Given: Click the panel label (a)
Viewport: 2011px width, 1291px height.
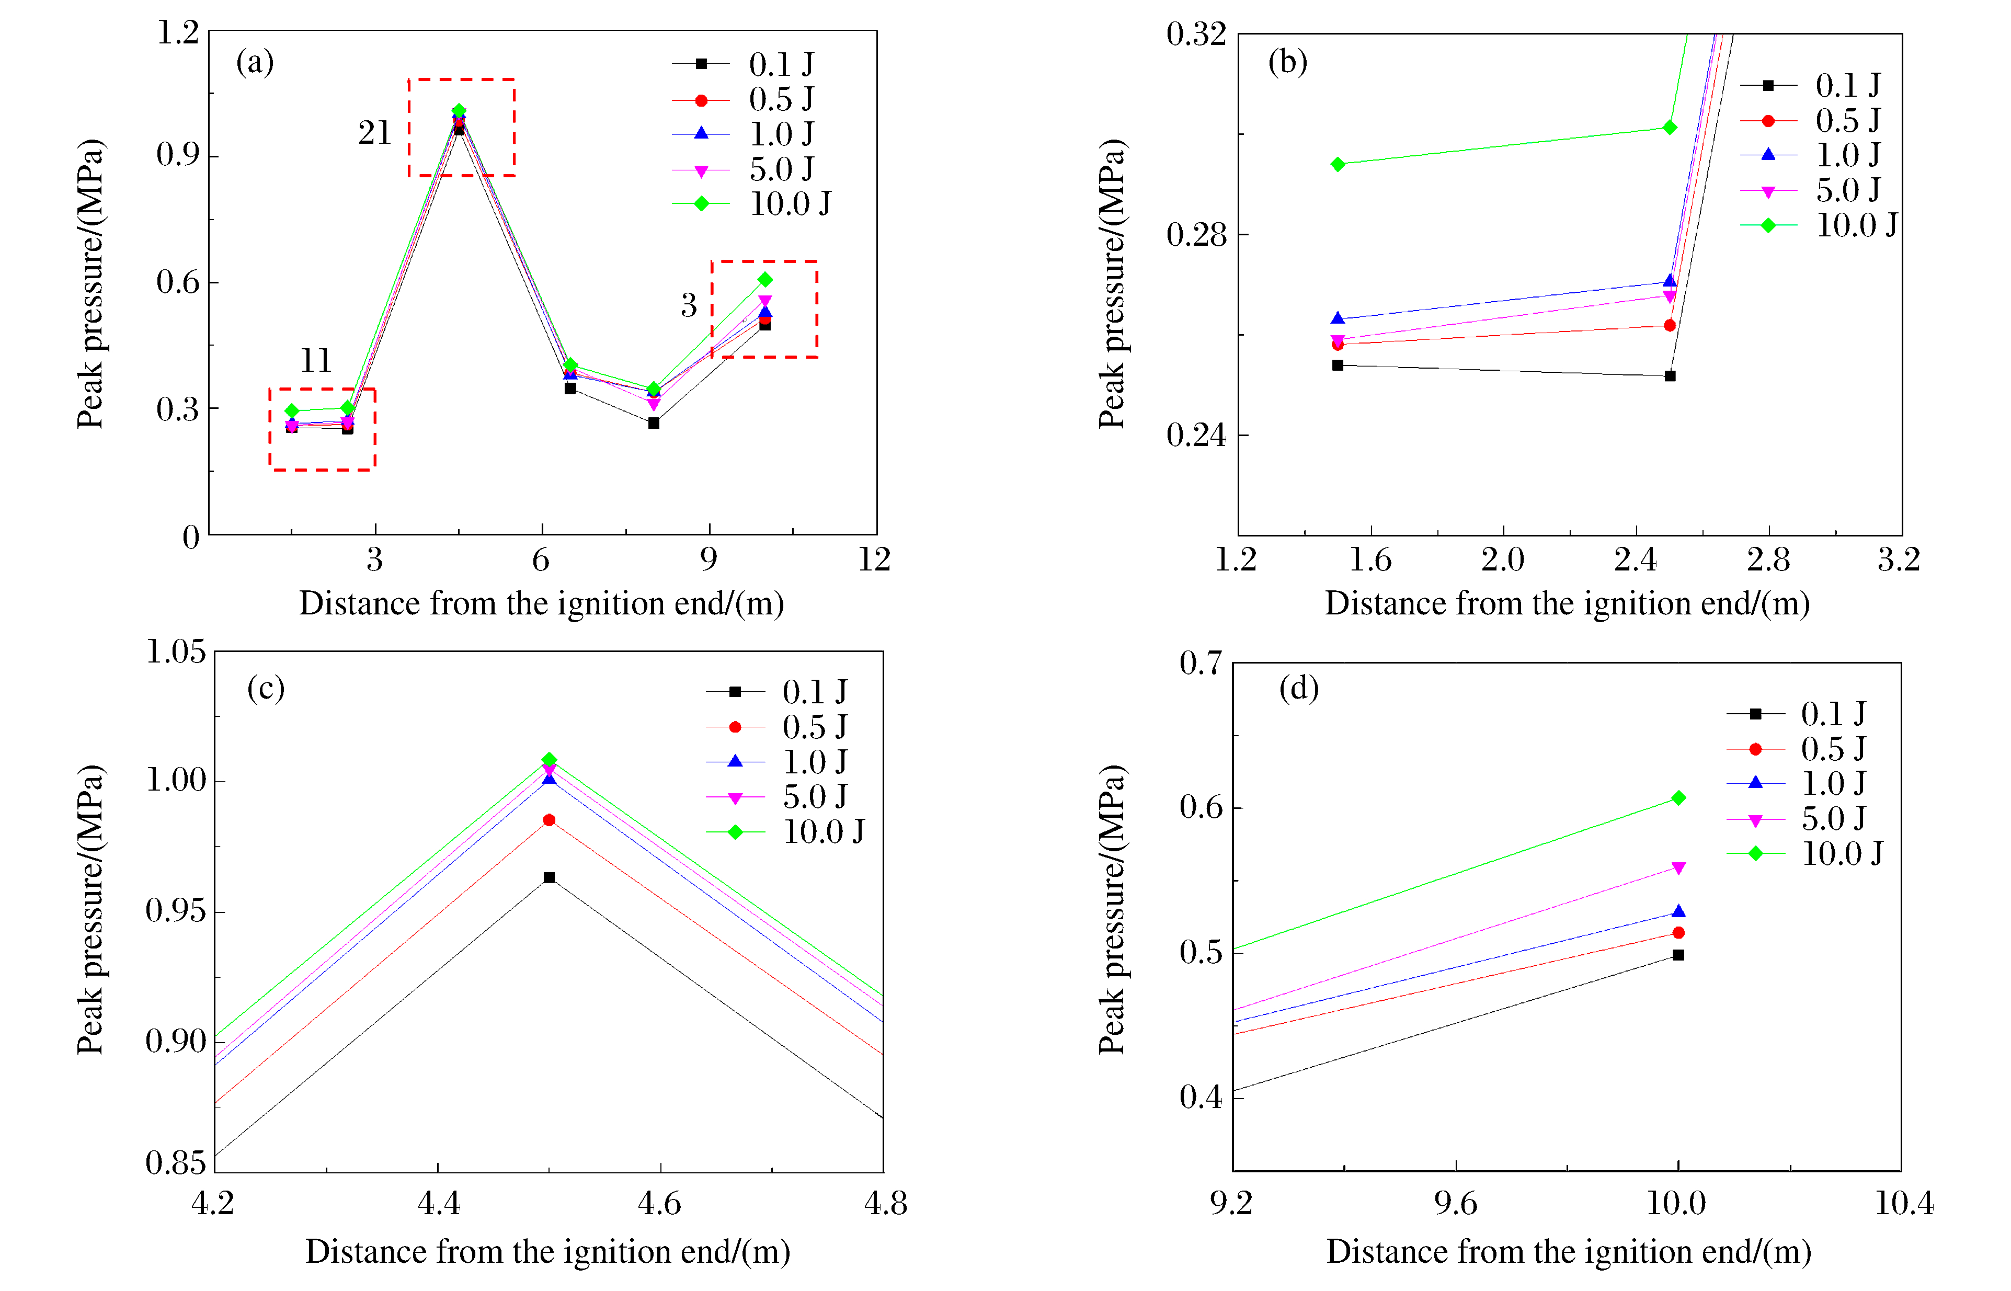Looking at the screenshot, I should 255,62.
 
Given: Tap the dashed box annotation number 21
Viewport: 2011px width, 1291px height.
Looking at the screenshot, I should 375,132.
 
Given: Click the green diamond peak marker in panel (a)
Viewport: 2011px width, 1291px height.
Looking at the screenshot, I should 459,111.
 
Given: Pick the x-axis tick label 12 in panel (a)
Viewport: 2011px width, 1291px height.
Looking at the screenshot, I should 874,559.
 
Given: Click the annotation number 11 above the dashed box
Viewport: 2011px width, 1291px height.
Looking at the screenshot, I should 316,360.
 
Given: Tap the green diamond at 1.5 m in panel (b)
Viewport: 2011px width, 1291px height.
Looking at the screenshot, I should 1338,164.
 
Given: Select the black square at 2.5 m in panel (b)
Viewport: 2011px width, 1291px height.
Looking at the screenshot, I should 1670,376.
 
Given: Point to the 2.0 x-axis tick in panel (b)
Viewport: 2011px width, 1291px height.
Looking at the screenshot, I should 1502,559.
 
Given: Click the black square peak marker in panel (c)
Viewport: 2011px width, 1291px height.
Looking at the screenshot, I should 549,878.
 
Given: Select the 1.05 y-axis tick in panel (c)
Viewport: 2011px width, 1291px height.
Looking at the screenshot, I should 176,652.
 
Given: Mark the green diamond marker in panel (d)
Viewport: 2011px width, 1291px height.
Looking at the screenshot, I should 1678,798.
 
